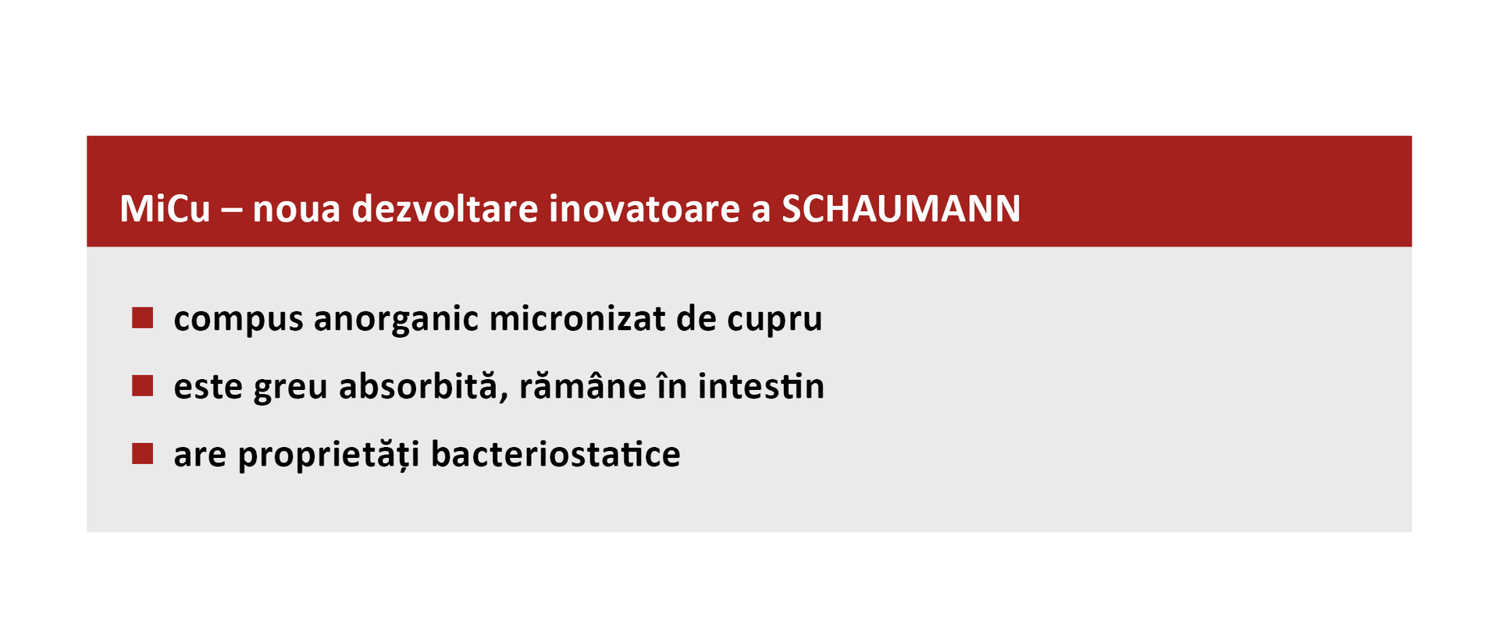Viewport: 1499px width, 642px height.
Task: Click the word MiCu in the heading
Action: click(165, 208)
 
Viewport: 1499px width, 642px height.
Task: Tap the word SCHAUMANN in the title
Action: click(901, 208)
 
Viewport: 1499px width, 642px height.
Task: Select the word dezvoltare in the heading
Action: click(445, 208)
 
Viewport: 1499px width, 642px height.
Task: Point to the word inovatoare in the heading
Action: click(644, 208)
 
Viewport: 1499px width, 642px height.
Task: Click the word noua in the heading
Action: click(297, 209)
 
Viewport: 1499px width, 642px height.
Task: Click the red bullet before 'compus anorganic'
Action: click(142, 317)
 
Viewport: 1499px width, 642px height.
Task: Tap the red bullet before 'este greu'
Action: click(142, 385)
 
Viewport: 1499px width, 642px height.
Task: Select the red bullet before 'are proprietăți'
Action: click(142, 453)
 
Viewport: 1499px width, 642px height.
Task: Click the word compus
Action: click(238, 319)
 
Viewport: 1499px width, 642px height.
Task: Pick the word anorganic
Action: click(396, 319)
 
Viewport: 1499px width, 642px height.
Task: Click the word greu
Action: click(290, 387)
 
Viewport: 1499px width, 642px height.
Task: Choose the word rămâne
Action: click(582, 386)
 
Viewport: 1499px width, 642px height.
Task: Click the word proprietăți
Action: click(329, 455)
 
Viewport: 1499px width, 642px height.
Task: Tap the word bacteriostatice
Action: click(555, 454)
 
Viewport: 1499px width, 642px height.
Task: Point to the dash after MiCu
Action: click(232, 209)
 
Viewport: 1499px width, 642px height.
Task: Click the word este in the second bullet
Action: click(208, 387)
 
